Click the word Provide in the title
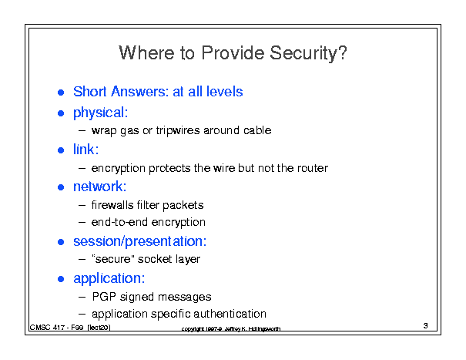click(x=233, y=53)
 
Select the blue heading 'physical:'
click(x=100, y=113)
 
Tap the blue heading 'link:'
click(x=86, y=149)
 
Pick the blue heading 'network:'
click(x=100, y=187)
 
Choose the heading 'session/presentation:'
click(x=139, y=241)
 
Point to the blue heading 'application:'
click(x=109, y=278)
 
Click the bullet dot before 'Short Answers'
click(x=61, y=93)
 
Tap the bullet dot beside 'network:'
click(x=61, y=187)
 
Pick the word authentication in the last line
click(x=230, y=314)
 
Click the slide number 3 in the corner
click(x=426, y=326)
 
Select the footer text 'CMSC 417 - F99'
click(x=56, y=328)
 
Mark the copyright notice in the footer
click(x=231, y=328)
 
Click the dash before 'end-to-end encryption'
click(x=82, y=222)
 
